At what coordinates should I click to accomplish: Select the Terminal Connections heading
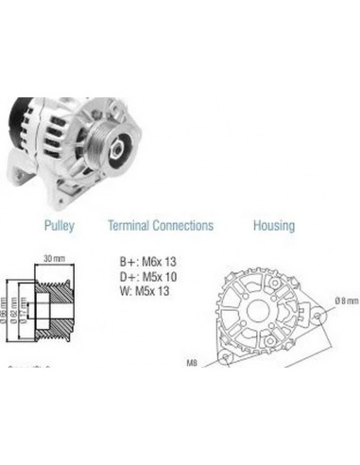[x=160, y=226]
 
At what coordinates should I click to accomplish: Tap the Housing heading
[x=273, y=226]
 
